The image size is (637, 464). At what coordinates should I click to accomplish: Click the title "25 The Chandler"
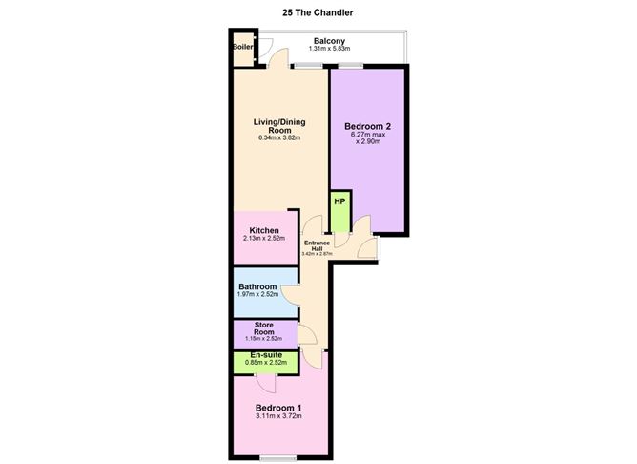click(x=318, y=12)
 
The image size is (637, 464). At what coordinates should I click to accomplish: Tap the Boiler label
click(x=242, y=47)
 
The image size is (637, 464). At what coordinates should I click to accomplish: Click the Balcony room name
click(x=329, y=41)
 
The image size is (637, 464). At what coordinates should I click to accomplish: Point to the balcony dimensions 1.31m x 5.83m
click(x=329, y=49)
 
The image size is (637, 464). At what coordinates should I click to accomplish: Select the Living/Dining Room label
click(x=279, y=126)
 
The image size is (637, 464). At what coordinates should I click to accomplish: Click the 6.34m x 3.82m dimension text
click(x=279, y=137)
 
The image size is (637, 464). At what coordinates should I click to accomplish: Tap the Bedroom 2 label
click(x=368, y=126)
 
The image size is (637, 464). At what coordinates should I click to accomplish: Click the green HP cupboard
click(x=340, y=211)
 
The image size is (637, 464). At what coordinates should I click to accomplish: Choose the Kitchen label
click(x=264, y=230)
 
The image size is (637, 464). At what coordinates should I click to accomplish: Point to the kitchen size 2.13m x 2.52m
click(x=264, y=238)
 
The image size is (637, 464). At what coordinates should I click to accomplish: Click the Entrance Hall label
click(x=317, y=245)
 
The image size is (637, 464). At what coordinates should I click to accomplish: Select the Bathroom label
click(x=257, y=286)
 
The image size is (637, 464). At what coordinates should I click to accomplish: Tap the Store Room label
click(x=264, y=328)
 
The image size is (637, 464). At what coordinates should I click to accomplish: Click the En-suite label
click(x=266, y=355)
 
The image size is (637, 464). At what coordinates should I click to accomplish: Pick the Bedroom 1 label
click(x=278, y=408)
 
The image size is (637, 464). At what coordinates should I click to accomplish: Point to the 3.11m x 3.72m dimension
click(x=278, y=416)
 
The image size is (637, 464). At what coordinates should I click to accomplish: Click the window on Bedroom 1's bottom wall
click(x=278, y=458)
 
